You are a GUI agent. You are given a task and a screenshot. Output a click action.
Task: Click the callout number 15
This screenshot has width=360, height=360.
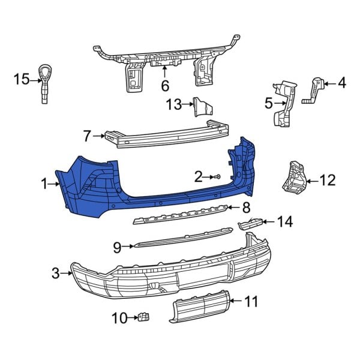click(22, 79)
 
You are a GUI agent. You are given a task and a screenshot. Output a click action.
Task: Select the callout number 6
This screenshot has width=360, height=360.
click(165, 86)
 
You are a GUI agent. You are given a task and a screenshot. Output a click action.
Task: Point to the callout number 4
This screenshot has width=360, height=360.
click(342, 83)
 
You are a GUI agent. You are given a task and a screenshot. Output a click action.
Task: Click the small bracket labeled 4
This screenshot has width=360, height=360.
click(315, 89)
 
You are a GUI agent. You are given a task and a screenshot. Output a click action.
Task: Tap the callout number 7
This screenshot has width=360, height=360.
click(87, 136)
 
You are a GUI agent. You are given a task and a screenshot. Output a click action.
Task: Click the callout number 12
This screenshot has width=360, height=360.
click(328, 179)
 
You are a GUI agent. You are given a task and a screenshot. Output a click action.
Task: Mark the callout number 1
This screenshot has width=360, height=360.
click(44, 184)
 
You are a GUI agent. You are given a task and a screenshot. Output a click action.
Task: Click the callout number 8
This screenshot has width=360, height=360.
click(245, 208)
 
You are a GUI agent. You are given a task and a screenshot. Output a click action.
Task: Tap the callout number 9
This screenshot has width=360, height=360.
click(117, 246)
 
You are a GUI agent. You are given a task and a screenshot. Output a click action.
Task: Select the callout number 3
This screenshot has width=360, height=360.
click(56, 274)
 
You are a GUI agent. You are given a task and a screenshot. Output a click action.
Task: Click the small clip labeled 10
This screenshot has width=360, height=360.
click(144, 316)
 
